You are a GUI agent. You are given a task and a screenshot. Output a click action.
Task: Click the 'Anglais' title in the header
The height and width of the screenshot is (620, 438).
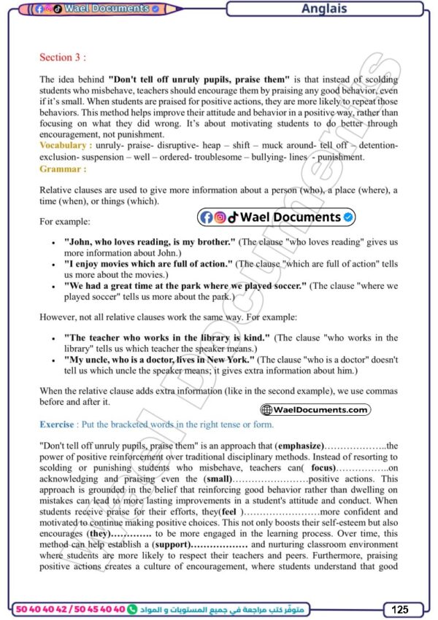tap(324, 9)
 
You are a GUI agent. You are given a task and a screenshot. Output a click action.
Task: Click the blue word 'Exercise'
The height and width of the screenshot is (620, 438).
tap(57, 425)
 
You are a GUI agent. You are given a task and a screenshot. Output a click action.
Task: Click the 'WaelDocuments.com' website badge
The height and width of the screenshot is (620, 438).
tap(315, 410)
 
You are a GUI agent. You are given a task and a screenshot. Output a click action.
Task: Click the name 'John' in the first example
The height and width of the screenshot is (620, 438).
tap(77, 241)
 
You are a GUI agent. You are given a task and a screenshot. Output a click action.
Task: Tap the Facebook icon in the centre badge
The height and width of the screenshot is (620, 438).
tap(206, 217)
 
